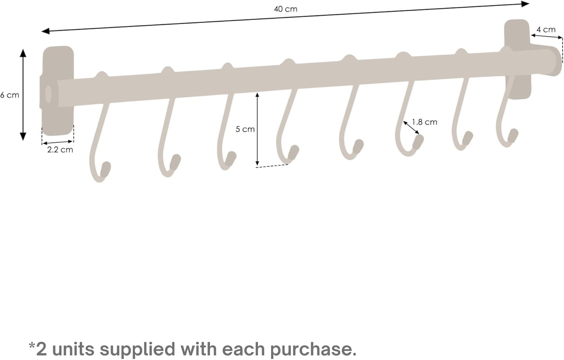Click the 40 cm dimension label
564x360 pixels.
(x=285, y=9)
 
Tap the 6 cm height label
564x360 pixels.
(x=9, y=95)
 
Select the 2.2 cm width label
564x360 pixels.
(x=60, y=150)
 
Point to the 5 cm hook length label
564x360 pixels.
(x=245, y=129)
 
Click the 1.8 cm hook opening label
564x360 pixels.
(x=425, y=122)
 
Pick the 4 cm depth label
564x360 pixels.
(x=546, y=30)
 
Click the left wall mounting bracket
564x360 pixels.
(x=58, y=91)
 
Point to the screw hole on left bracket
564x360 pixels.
(x=49, y=94)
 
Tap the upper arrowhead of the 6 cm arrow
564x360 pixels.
(x=23, y=53)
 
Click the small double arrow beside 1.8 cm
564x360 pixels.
(x=411, y=127)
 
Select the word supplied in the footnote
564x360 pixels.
(x=138, y=349)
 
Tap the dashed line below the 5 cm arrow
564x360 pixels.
(x=272, y=166)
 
